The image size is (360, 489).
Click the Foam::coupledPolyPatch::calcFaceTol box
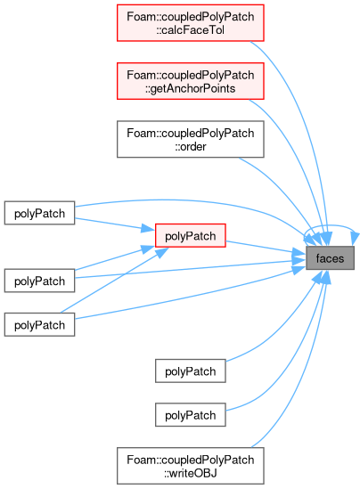[x=191, y=23]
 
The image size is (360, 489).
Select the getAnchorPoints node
[x=191, y=81]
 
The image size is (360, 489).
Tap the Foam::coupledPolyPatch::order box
[x=191, y=139]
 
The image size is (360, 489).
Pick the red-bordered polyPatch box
[x=191, y=235]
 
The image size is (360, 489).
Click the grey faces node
[x=330, y=258]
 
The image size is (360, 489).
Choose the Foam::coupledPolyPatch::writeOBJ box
[x=191, y=466]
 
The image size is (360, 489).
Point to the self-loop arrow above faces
[x=331, y=225]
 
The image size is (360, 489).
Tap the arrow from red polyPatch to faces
[x=266, y=248]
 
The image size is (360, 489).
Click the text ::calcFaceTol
[x=191, y=30]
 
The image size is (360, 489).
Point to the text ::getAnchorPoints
[x=191, y=88]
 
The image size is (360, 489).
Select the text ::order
[x=191, y=146]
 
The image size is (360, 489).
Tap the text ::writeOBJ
[x=191, y=473]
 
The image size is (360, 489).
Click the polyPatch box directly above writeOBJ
[x=191, y=415]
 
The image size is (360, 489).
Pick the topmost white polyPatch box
[x=39, y=213]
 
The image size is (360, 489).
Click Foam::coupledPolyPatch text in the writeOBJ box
[x=191, y=460]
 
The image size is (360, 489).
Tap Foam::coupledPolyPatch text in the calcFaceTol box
[x=191, y=17]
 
